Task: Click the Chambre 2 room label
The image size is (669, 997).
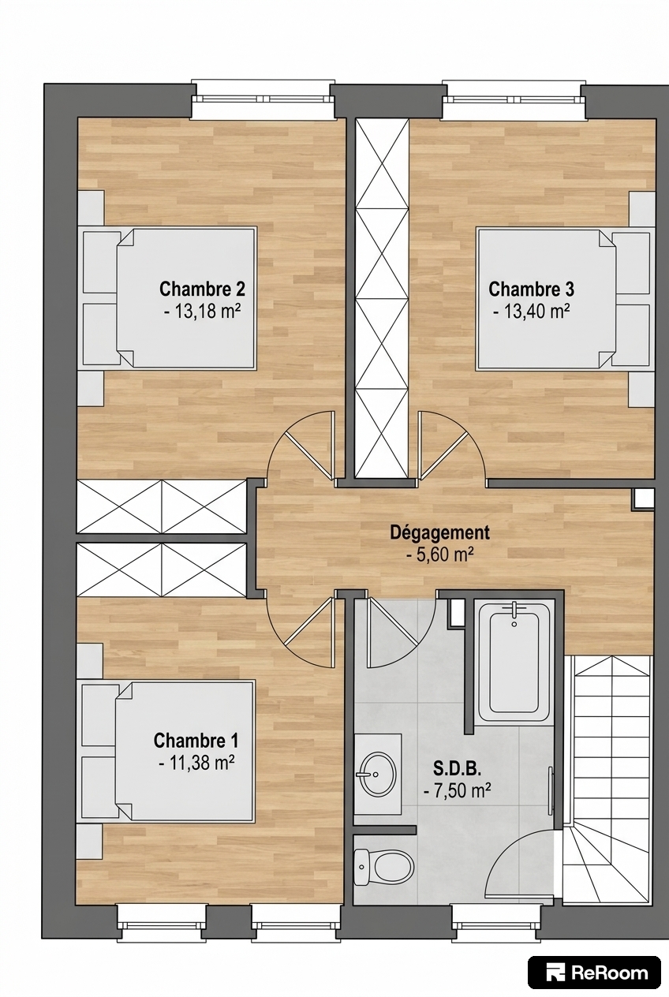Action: (x=202, y=289)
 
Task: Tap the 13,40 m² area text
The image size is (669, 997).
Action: (x=532, y=312)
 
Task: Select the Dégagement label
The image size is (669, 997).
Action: (x=439, y=532)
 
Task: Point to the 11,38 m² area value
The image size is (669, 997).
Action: (x=196, y=764)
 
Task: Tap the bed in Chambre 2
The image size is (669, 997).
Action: (x=167, y=298)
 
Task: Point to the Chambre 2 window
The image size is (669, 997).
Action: (x=263, y=99)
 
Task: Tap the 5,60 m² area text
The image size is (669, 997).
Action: (x=439, y=555)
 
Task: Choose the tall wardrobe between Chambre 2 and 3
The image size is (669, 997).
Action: (x=382, y=298)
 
